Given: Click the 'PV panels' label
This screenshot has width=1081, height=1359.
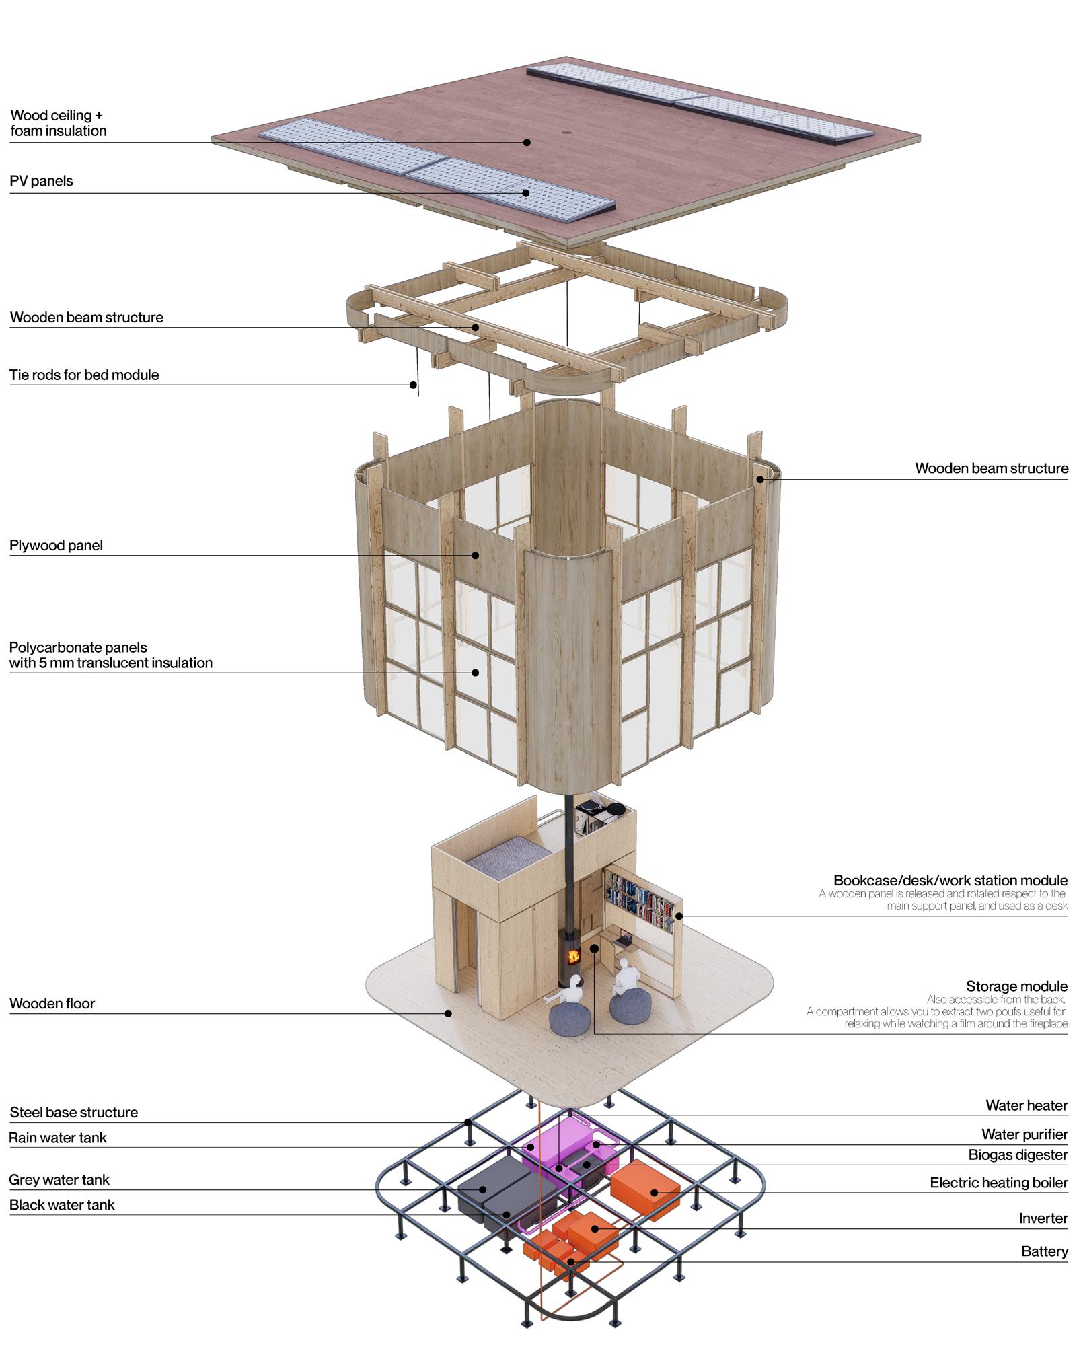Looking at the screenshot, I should point(41,181).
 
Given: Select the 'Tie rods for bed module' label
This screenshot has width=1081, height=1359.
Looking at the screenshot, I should point(84,375).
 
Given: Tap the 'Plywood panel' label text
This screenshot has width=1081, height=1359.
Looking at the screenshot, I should point(56,545).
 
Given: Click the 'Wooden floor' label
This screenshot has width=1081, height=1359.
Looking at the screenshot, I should point(52,1003).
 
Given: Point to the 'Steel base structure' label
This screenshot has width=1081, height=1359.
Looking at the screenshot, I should point(73,1112).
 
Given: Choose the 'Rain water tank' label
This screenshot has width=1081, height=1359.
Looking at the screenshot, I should point(58,1138).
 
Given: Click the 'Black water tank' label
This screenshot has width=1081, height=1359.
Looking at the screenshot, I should point(62,1204).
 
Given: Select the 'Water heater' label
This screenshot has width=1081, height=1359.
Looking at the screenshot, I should point(1027,1105).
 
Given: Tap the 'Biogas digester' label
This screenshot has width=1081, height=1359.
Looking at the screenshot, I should point(1018,1154).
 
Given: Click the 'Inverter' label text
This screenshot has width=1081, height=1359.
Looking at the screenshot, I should point(1043,1218).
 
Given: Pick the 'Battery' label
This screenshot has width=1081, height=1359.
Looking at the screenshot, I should point(1044,1251).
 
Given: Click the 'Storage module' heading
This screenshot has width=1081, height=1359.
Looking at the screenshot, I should point(1016,986).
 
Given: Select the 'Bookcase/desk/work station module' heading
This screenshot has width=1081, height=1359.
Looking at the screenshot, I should point(950,880).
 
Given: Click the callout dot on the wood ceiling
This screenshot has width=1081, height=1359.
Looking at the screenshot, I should point(527,142).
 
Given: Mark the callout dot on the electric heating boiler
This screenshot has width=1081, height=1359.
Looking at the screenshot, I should point(654,1193).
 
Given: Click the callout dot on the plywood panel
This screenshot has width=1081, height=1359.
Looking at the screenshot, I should point(475,555).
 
